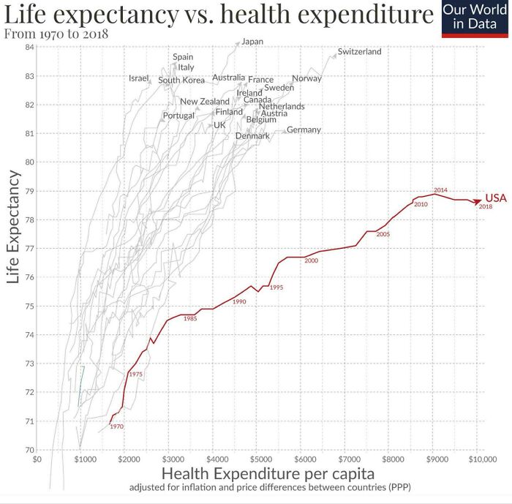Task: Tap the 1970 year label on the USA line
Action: click(x=117, y=426)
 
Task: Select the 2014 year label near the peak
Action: click(x=440, y=190)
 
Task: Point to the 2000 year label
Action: click(x=311, y=261)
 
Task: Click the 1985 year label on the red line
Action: click(x=190, y=318)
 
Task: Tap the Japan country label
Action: click(x=252, y=42)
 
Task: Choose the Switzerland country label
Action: click(x=359, y=52)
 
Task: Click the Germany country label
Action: click(x=304, y=129)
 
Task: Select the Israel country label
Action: click(x=139, y=78)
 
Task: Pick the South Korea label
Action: click(x=181, y=80)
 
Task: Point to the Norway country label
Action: click(x=306, y=78)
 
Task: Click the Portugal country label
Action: click(x=178, y=116)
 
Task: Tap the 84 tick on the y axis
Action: click(x=30, y=48)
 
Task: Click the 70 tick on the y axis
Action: click(x=30, y=450)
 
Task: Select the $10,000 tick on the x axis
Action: click(x=482, y=459)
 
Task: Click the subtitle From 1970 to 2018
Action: click(x=56, y=34)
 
